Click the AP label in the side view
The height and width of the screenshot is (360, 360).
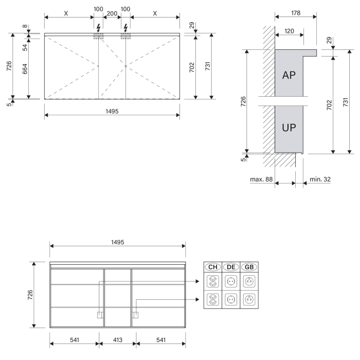289,75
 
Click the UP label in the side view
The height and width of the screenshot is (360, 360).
289,128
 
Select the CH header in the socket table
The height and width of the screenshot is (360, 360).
213,267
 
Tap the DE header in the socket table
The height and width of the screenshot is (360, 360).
231,267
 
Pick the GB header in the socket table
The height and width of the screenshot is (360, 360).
249,267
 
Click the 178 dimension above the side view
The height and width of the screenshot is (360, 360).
296,13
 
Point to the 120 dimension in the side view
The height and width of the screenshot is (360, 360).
289,31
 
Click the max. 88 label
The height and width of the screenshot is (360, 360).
261,179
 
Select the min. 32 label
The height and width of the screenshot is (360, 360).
320,179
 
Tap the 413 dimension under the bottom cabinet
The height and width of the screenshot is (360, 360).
118,340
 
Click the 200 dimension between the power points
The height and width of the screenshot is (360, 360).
112,13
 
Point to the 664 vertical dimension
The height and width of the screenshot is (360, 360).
25,69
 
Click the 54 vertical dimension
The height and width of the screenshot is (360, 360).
25,47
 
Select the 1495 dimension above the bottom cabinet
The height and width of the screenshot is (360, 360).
118,242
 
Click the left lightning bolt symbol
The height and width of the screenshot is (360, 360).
99,28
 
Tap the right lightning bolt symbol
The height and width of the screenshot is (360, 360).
125,28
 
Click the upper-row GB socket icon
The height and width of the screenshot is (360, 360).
249,281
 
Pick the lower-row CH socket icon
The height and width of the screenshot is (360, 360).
213,299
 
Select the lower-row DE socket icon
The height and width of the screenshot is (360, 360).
231,299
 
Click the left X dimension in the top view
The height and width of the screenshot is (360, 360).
66,13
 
